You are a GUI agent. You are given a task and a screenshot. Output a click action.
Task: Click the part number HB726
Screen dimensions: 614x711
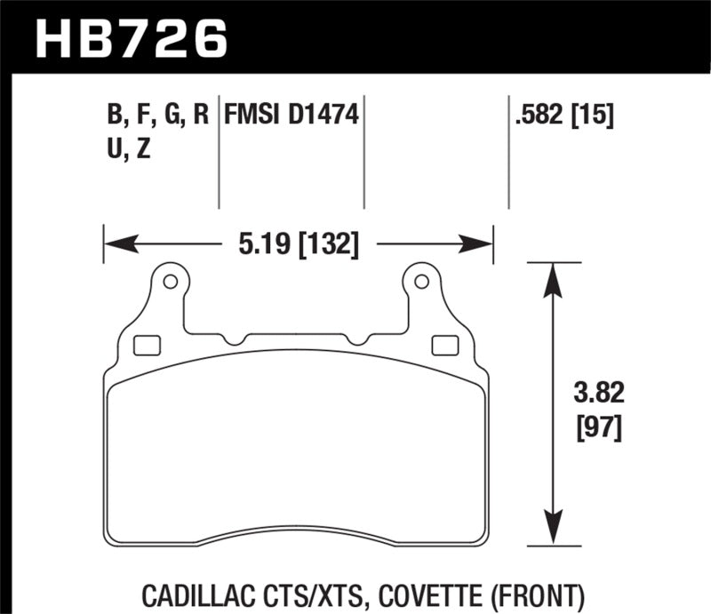[132, 36]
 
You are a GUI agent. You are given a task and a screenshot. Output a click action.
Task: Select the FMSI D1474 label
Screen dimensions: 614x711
[291, 116]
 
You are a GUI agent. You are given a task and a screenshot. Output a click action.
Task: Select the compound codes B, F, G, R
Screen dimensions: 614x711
[156, 116]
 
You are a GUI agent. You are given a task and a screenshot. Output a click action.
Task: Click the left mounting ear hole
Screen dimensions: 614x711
[170, 283]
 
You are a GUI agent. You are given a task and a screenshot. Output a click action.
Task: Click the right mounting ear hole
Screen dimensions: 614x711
[420, 283]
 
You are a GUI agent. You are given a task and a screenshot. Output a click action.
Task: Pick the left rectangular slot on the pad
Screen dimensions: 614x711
[144, 344]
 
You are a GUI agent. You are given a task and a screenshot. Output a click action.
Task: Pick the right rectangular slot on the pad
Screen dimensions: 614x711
[441, 344]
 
